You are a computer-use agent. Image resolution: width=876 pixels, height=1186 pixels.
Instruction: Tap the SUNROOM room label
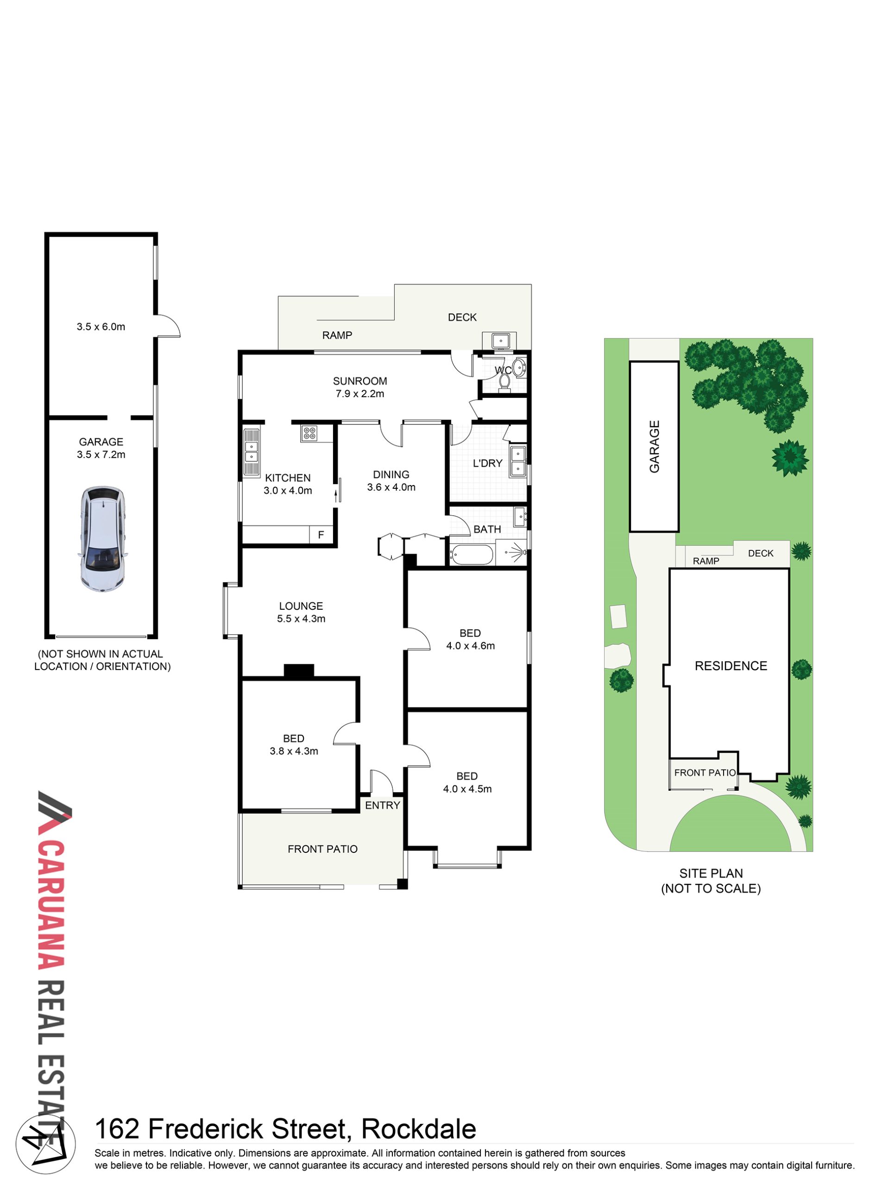(360, 381)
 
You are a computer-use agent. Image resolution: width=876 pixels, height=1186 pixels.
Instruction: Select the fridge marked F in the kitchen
(321, 535)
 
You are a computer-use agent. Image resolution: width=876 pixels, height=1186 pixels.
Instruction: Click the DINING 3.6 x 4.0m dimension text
(391, 487)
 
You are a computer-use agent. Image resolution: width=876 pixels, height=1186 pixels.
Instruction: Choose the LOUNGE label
(301, 606)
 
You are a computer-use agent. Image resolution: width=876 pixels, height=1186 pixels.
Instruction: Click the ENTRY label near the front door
(382, 805)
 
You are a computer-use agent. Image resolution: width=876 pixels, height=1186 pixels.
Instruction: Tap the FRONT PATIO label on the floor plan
(322, 849)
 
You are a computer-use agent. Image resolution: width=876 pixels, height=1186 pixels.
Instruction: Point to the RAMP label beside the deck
(337, 335)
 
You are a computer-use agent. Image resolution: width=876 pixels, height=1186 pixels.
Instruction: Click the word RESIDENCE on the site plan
(731, 666)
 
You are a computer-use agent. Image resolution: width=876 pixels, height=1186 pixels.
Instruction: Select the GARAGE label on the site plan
(655, 447)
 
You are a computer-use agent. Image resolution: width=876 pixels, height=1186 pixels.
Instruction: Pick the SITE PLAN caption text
(711, 873)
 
